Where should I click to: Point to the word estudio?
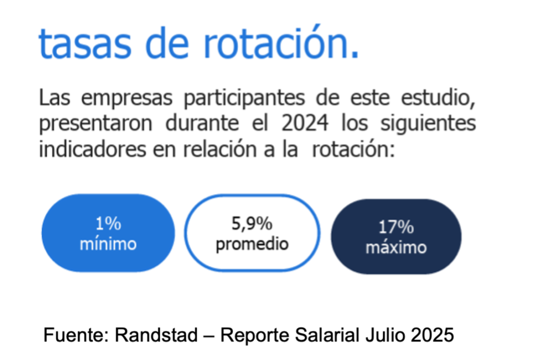point(438,98)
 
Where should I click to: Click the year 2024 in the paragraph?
point(305,123)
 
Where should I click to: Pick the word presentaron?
point(96,125)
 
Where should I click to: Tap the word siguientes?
point(428,124)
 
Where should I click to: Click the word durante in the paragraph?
point(202,123)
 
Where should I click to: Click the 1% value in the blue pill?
point(108,224)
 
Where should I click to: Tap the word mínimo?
point(108,244)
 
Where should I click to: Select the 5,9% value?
point(252,224)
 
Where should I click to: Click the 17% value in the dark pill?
point(396,227)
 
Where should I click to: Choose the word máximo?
point(396,247)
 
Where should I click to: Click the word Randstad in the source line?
point(156,335)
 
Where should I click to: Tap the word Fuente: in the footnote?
point(76,335)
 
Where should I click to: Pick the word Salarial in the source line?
point(327,335)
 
